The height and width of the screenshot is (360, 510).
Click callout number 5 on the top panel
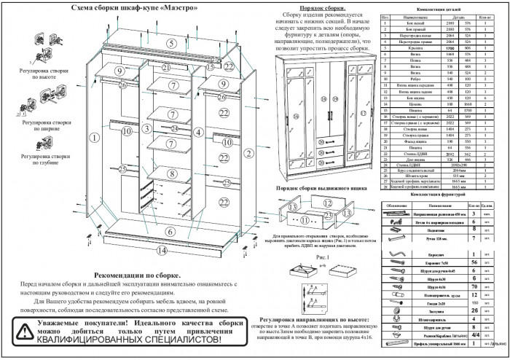click(170, 43)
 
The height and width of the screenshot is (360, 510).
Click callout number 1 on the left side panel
click(93, 136)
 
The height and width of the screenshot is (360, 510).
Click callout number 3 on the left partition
click(145, 128)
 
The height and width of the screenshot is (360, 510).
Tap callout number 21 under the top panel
click(166, 68)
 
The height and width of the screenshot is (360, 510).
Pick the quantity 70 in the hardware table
click(474, 286)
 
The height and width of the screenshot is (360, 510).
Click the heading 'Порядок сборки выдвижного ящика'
click(321, 187)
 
